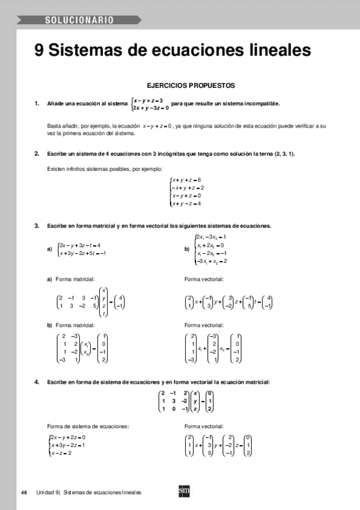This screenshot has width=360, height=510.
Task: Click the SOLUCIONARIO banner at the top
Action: (x=79, y=21)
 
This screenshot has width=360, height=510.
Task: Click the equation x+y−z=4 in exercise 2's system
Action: (x=186, y=204)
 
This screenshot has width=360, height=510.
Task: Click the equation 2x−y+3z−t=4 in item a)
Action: (x=79, y=245)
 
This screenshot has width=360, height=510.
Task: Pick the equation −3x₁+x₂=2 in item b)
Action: (x=212, y=261)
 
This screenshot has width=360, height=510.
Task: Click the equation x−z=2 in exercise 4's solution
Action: (x=62, y=453)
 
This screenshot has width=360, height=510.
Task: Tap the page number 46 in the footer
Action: (x=24, y=493)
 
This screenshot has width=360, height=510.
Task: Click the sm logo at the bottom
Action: (x=185, y=491)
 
